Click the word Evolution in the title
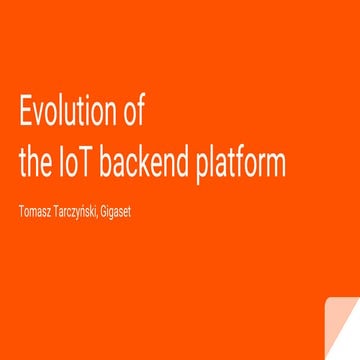(68, 112)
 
